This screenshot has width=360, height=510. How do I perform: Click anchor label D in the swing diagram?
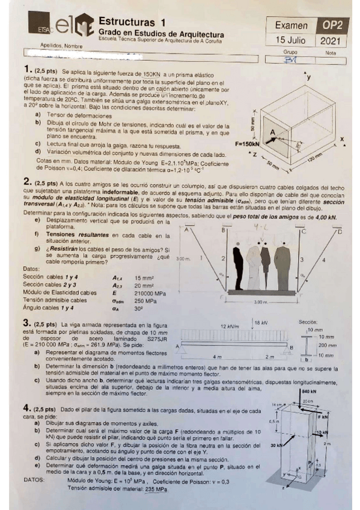tap(341, 231)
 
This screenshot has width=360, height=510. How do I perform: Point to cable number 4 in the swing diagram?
tap(323, 259)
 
